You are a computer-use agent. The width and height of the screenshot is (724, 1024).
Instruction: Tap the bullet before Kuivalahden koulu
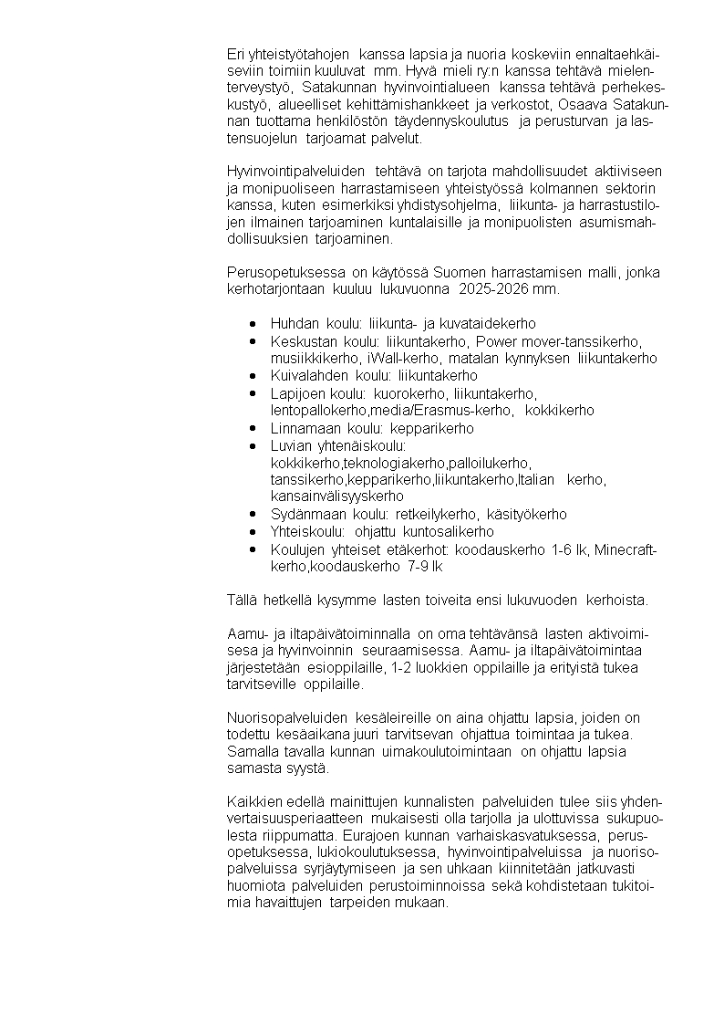(x=253, y=375)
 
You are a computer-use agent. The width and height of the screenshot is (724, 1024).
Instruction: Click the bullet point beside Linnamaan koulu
(x=253, y=428)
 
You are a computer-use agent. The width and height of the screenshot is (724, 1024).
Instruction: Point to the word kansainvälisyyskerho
(x=337, y=496)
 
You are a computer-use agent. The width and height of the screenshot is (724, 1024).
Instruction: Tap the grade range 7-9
(x=416, y=567)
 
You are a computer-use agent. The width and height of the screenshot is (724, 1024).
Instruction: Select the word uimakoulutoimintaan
(x=447, y=751)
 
